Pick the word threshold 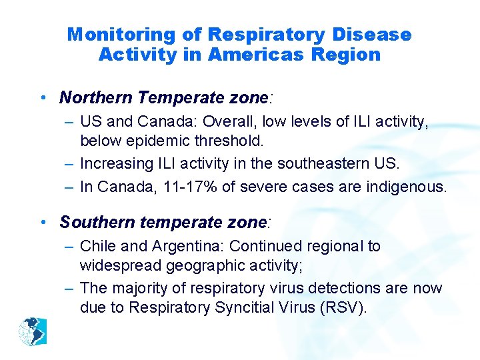[234, 141]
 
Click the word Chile [96, 246]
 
